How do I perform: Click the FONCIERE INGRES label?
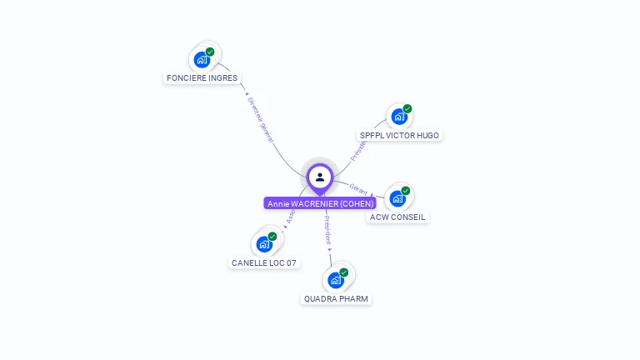point(202,78)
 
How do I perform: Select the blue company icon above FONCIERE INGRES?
point(201,60)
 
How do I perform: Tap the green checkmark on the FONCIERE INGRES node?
point(210,52)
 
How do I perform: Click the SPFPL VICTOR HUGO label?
point(398,136)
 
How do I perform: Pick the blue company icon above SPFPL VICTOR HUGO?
point(398,117)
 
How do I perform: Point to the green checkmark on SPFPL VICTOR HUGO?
point(407,108)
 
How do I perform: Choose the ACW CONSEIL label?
point(397,217)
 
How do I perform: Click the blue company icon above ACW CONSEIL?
point(397,198)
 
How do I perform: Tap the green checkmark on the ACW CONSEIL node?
point(406,191)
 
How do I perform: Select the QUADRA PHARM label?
point(336,299)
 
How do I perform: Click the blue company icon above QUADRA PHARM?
point(335,280)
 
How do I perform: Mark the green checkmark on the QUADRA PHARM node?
point(343,272)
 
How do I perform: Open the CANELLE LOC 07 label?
point(263,263)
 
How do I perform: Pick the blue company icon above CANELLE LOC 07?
point(264,244)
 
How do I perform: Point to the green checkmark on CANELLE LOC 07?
point(272,237)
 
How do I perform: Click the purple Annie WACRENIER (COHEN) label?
point(320,203)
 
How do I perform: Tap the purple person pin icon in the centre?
point(320,177)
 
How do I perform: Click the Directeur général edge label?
point(260,120)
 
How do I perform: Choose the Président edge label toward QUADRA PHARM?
point(327,228)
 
